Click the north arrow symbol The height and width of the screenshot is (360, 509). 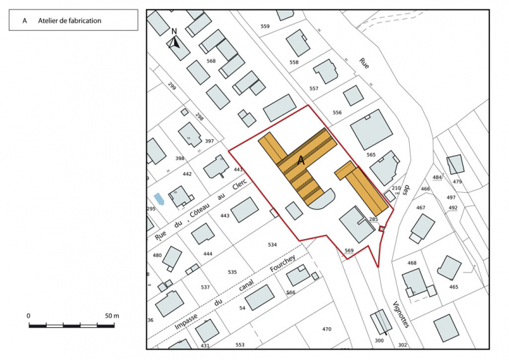coord(175,41)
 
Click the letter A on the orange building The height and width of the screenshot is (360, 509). coord(301,161)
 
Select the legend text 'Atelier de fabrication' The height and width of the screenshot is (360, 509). coord(70,21)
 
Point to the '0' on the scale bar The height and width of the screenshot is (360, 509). coord(29,316)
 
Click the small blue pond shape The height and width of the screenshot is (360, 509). coord(159,199)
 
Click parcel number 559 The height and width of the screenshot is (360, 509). coord(265,27)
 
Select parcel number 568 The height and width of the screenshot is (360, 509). coord(211,62)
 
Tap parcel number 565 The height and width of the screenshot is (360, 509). coord(371,154)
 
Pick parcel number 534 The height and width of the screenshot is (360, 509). coord(273,245)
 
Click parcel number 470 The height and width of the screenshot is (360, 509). coord(327,329)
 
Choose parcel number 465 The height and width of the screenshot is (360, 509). coord(454,287)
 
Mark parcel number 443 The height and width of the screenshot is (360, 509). coord(224,216)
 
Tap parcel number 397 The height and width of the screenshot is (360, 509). coord(209,141)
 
